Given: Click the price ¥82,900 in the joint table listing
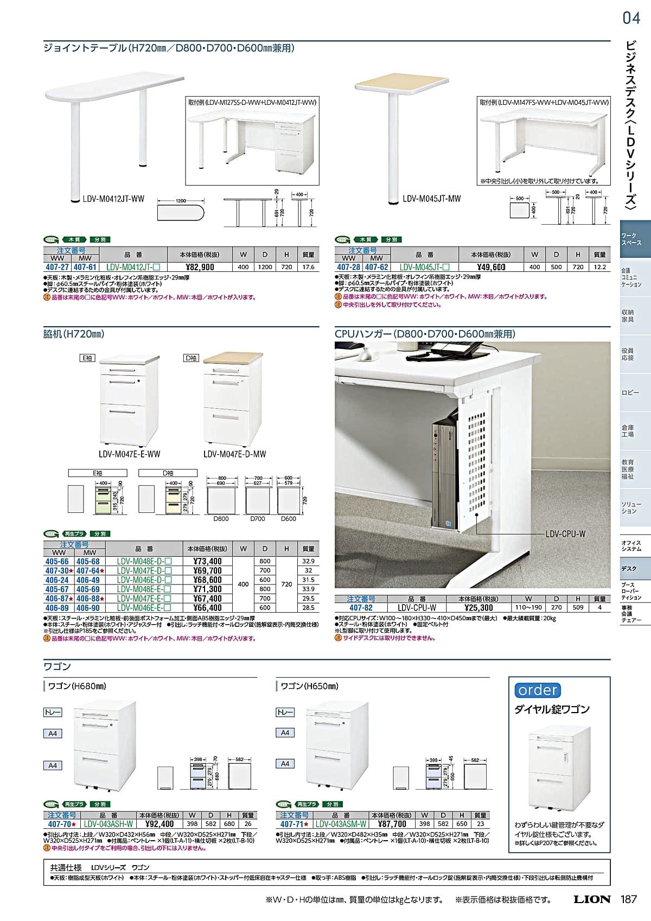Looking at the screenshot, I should [x=200, y=267].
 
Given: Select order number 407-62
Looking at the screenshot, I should [x=376, y=267].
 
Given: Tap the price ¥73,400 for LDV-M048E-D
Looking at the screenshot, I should [x=207, y=561].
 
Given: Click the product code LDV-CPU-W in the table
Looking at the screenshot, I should [x=417, y=608].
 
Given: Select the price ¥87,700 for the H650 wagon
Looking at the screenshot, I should [x=392, y=824].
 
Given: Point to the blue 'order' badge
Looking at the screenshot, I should [x=538, y=690].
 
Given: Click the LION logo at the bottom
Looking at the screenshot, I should [x=592, y=899].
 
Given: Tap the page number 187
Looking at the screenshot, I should [x=628, y=899].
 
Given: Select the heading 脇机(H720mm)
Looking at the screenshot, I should [x=74, y=334].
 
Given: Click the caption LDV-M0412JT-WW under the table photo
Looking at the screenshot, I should [x=113, y=199].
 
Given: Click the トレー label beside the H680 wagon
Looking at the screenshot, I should [x=53, y=712].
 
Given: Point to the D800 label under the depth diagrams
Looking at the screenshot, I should [x=221, y=519].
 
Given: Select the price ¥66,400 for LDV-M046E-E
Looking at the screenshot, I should [x=207, y=608].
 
